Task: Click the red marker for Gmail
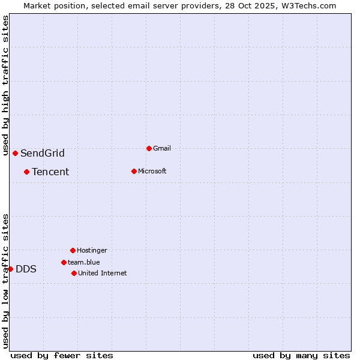(149, 148)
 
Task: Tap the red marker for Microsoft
(134, 171)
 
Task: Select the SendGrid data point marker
(15, 153)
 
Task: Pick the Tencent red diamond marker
(26, 172)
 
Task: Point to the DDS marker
(10, 269)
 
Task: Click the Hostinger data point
(73, 250)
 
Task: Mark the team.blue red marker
(64, 262)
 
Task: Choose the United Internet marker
(74, 273)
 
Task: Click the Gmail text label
(162, 148)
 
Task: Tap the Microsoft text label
(152, 171)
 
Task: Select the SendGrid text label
(43, 153)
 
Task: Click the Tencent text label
(50, 172)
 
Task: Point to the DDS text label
(26, 269)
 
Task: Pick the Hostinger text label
(92, 250)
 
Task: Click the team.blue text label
(84, 262)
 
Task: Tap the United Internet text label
(103, 273)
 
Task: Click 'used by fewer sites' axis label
(62, 355)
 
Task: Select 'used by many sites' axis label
(301, 355)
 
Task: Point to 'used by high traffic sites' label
(5, 85)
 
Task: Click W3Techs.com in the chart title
(307, 5)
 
